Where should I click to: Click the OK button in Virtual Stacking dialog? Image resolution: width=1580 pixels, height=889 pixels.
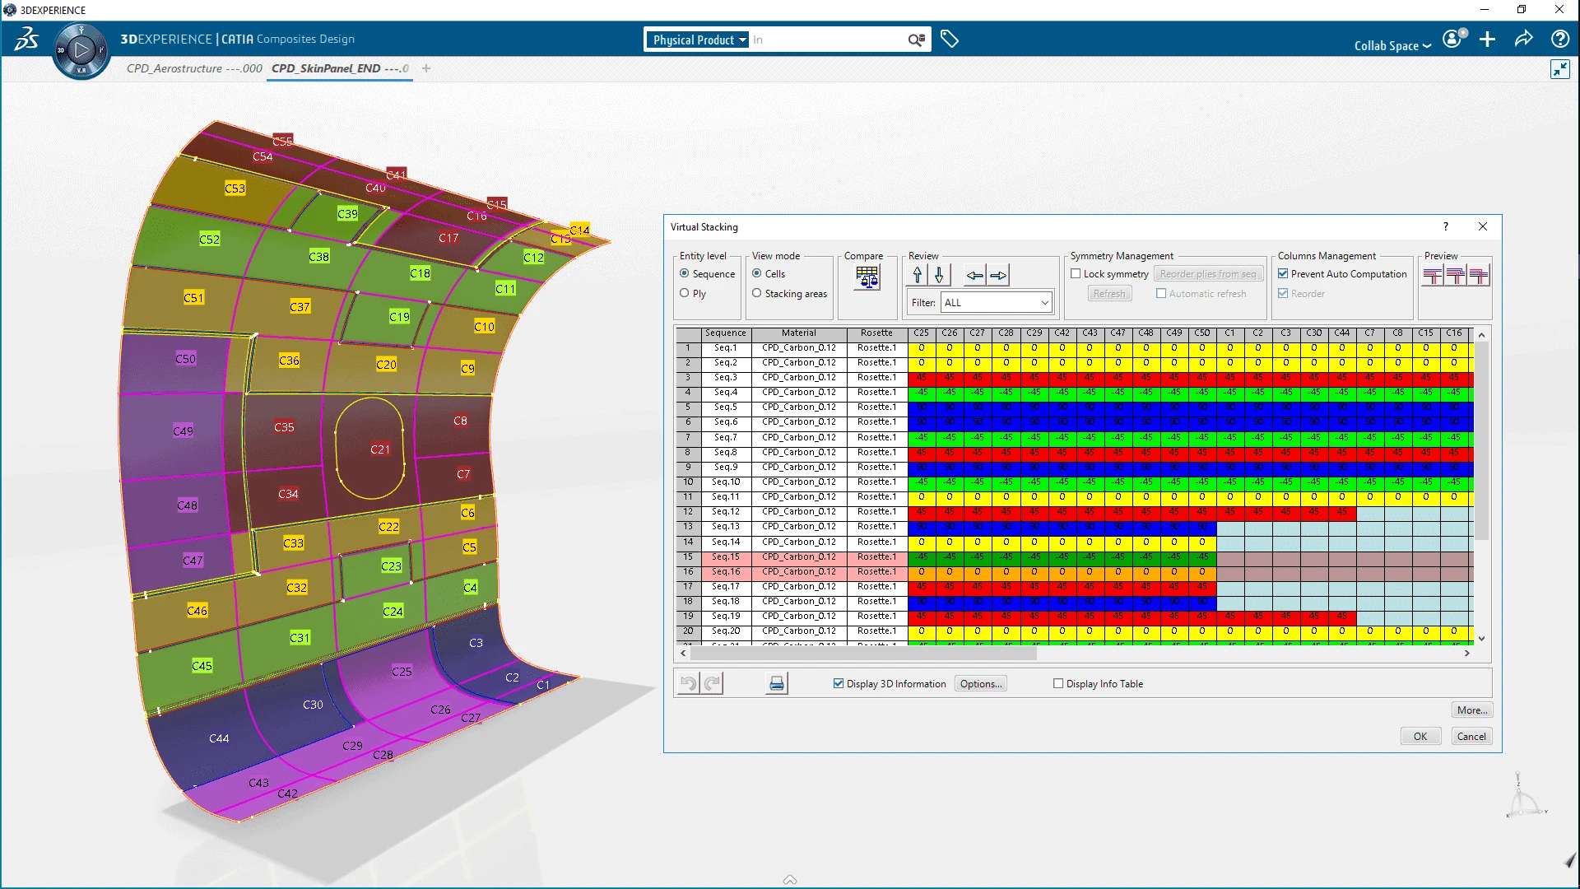pyautogui.click(x=1420, y=736)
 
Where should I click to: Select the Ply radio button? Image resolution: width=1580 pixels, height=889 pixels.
pyautogui.click(x=685, y=293)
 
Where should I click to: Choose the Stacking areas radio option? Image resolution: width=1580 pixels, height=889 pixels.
pyautogui.click(x=757, y=293)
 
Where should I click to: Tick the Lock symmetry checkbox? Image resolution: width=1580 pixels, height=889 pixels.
pyautogui.click(x=1076, y=274)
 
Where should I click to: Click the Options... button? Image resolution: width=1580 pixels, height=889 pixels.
pyautogui.click(x=981, y=684)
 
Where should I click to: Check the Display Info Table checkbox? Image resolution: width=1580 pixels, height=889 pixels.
pyautogui.click(x=1058, y=684)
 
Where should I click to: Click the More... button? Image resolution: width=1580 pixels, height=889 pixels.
pyautogui.click(x=1471, y=710)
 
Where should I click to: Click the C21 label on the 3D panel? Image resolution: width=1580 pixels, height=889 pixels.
pyautogui.click(x=380, y=449)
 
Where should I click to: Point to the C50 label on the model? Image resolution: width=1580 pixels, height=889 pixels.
pyautogui.click(x=186, y=359)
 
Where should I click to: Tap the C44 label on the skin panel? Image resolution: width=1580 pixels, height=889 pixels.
pyautogui.click(x=219, y=738)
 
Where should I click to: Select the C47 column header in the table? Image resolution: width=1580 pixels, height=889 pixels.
pyautogui.click(x=1118, y=333)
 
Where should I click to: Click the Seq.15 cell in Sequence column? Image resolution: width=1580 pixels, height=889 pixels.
pyautogui.click(x=726, y=557)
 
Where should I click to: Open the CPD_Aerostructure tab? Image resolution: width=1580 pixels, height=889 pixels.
pyautogui.click(x=194, y=68)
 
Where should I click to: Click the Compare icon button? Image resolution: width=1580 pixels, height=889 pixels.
pyautogui.click(x=867, y=277)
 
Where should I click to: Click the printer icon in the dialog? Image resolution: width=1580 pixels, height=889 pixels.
pyautogui.click(x=776, y=684)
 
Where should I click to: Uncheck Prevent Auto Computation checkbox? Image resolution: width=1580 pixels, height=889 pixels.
pyautogui.click(x=1283, y=274)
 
